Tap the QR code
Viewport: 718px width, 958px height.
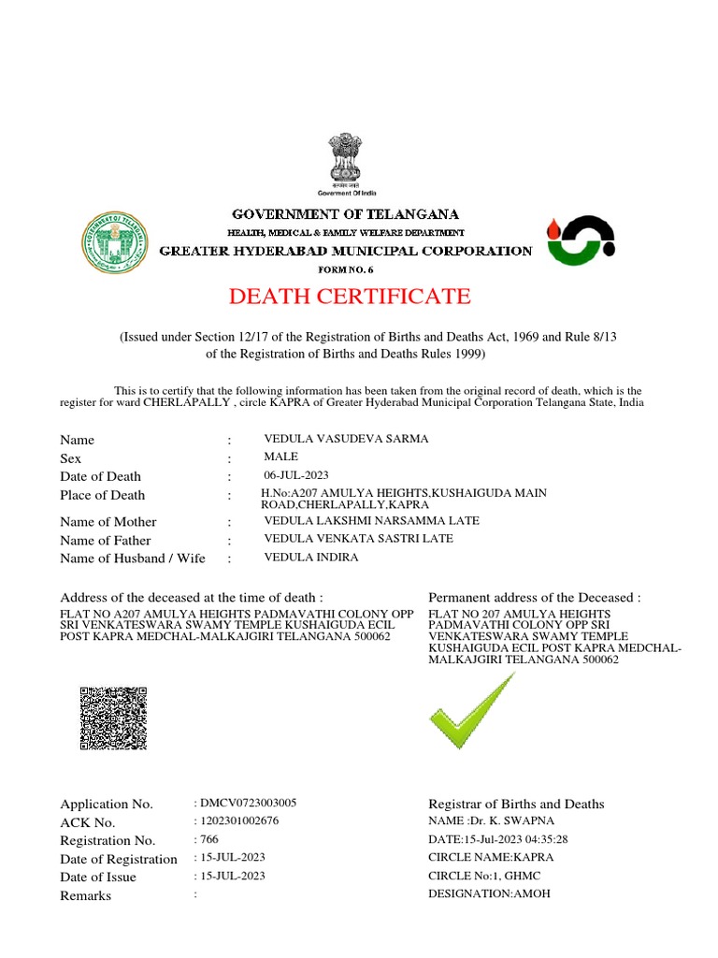(113, 718)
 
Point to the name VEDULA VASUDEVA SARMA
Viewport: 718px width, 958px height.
(346, 439)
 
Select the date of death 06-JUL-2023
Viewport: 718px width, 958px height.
(296, 475)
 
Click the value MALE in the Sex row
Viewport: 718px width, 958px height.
(281, 457)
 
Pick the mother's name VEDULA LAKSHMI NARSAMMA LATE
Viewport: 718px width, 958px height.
(371, 520)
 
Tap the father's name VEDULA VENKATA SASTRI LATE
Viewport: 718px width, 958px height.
(358, 538)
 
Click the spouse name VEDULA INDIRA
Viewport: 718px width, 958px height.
(311, 557)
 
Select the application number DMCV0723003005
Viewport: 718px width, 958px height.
(248, 803)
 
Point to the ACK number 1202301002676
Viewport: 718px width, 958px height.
(238, 820)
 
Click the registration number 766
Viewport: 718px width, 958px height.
(207, 839)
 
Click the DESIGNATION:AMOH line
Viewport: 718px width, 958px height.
(489, 893)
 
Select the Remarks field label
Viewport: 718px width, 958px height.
(85, 895)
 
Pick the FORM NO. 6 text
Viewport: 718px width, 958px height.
(345, 269)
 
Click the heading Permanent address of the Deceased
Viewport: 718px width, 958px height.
(535, 597)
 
